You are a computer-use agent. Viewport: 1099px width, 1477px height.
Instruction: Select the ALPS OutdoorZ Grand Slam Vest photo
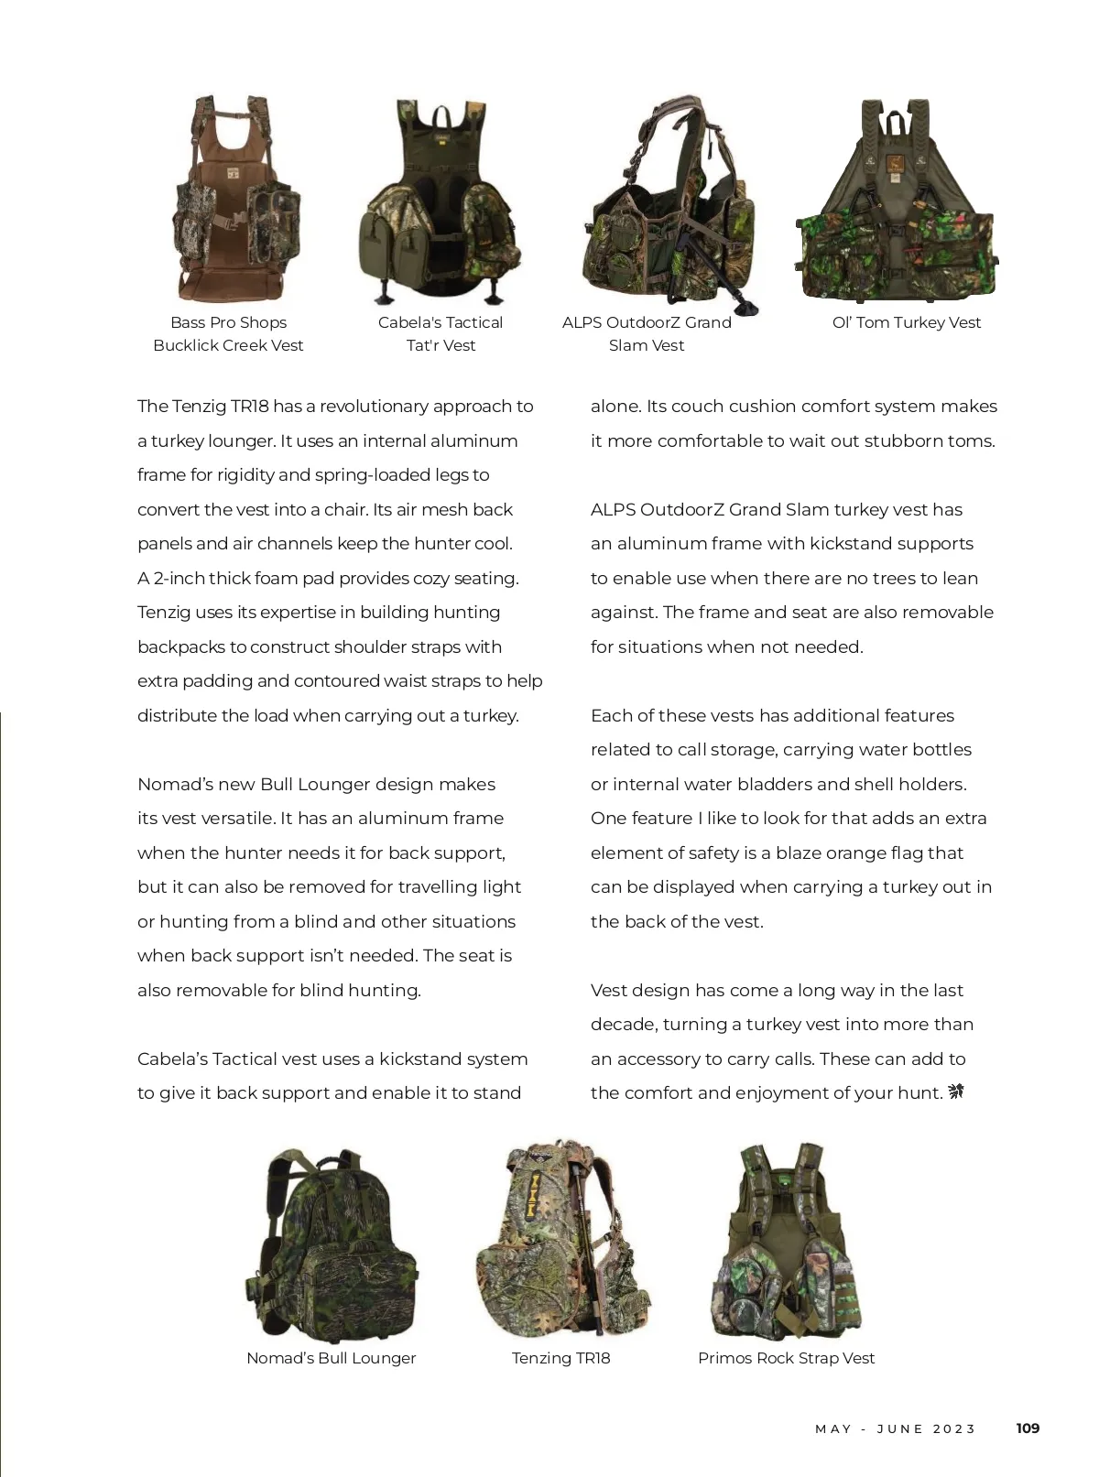pyautogui.click(x=672, y=203)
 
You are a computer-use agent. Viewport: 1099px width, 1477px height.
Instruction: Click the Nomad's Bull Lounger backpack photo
pyautogui.click(x=332, y=1244)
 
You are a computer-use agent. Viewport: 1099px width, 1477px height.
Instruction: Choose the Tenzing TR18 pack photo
pyautogui.click(x=562, y=1241)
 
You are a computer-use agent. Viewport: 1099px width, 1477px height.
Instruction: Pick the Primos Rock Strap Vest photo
pyautogui.click(x=787, y=1241)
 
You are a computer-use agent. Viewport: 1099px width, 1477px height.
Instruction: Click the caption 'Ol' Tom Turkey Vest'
pyautogui.click(x=906, y=322)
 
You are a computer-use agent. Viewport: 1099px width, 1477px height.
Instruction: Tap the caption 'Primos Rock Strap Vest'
pyautogui.click(x=786, y=1358)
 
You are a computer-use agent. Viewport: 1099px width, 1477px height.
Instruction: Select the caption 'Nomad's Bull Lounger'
pyautogui.click(x=331, y=1358)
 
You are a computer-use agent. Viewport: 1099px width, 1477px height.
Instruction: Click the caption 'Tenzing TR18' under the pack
pyautogui.click(x=560, y=1358)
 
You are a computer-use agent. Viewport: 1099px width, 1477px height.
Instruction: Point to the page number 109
pyautogui.click(x=1028, y=1428)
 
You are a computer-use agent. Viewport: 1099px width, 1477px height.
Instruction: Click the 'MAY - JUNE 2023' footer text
pyautogui.click(x=895, y=1428)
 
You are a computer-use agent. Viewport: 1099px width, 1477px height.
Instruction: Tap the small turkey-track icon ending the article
pyautogui.click(x=956, y=1091)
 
